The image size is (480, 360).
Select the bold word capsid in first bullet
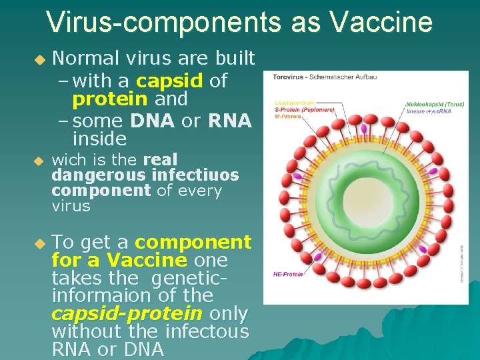click(169, 81)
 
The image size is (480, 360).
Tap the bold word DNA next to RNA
click(153, 121)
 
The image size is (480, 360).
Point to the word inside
click(99, 139)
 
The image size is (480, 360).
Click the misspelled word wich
click(67, 160)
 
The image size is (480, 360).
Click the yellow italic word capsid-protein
click(127, 313)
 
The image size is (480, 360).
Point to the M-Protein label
click(287, 115)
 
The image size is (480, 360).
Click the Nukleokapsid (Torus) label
click(436, 104)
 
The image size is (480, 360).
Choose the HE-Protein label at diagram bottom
click(288, 274)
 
